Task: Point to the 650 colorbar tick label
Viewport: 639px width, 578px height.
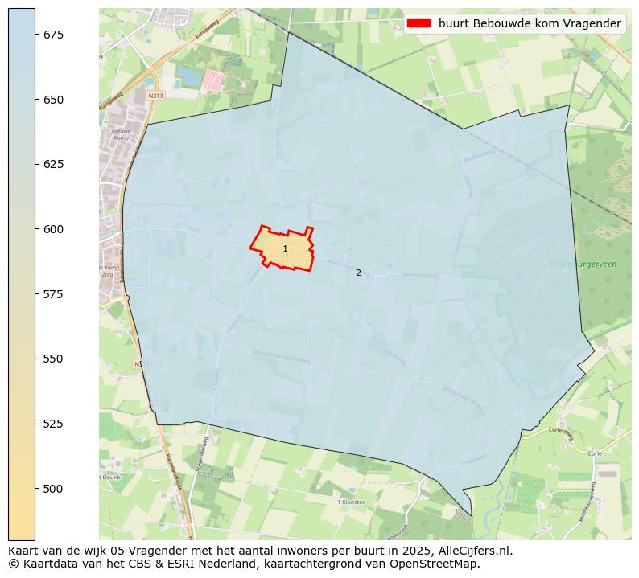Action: (x=54, y=100)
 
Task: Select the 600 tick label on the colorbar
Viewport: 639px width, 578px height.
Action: (x=54, y=229)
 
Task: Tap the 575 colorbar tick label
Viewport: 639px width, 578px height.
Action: (x=54, y=294)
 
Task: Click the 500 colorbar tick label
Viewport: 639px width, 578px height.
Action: (x=54, y=489)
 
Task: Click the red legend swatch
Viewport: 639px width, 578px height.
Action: (x=418, y=23)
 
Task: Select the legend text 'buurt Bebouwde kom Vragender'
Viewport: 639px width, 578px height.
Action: (x=530, y=23)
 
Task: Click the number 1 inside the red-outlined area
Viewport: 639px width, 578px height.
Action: (x=285, y=249)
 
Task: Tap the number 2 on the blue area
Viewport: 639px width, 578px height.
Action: (x=358, y=273)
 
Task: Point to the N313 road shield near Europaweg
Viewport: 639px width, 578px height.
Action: (x=155, y=96)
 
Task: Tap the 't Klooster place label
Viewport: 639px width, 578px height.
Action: (x=351, y=502)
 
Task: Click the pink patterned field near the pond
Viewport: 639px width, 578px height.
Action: (x=212, y=80)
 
